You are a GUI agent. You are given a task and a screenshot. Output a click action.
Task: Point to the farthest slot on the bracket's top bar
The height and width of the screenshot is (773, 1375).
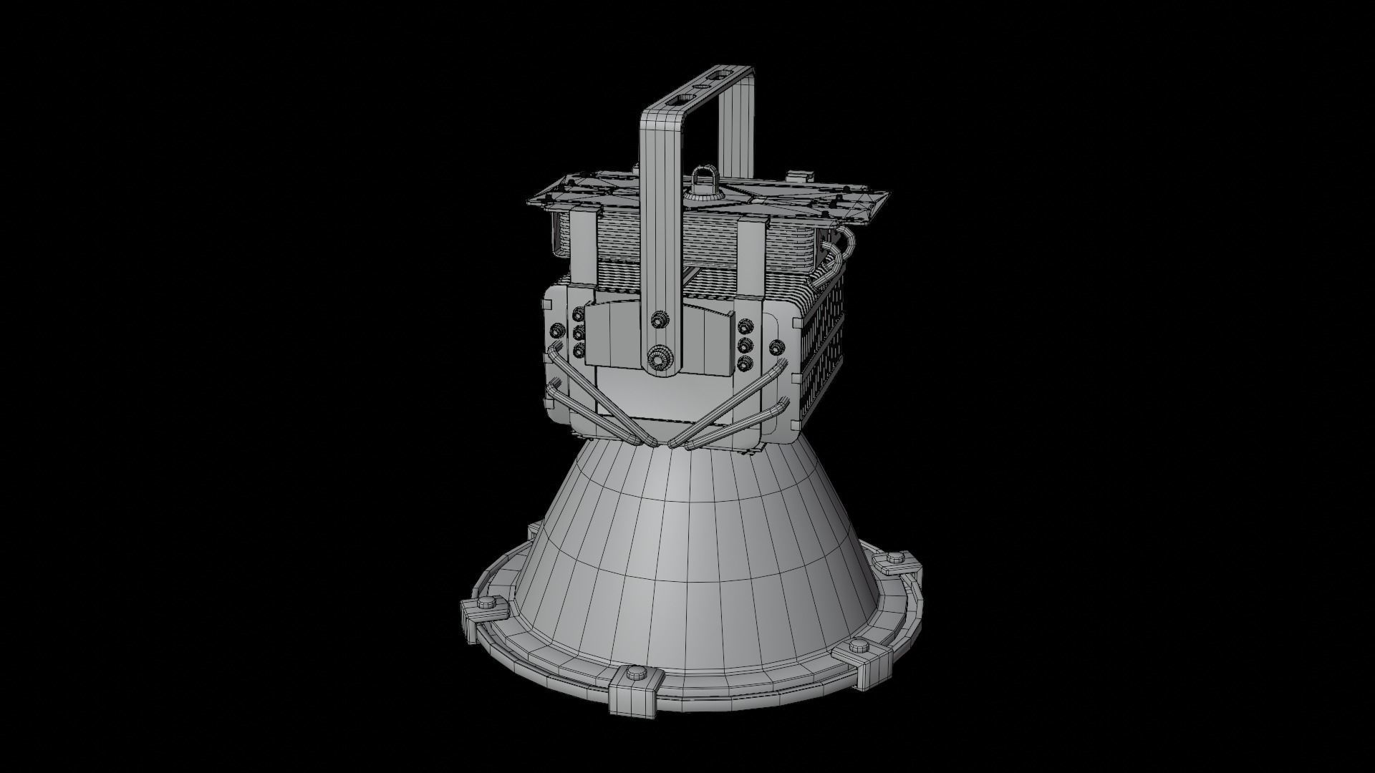pos(720,74)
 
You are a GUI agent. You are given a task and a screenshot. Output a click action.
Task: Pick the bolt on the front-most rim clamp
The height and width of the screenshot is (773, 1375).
pos(635,674)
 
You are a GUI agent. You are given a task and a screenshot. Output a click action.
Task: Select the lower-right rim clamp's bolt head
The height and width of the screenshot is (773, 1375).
pos(859,644)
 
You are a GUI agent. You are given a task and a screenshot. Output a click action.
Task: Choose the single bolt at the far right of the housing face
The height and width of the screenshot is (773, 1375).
pos(774,347)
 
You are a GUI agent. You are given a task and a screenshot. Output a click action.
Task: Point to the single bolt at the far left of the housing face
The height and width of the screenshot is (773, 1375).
pos(554,330)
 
